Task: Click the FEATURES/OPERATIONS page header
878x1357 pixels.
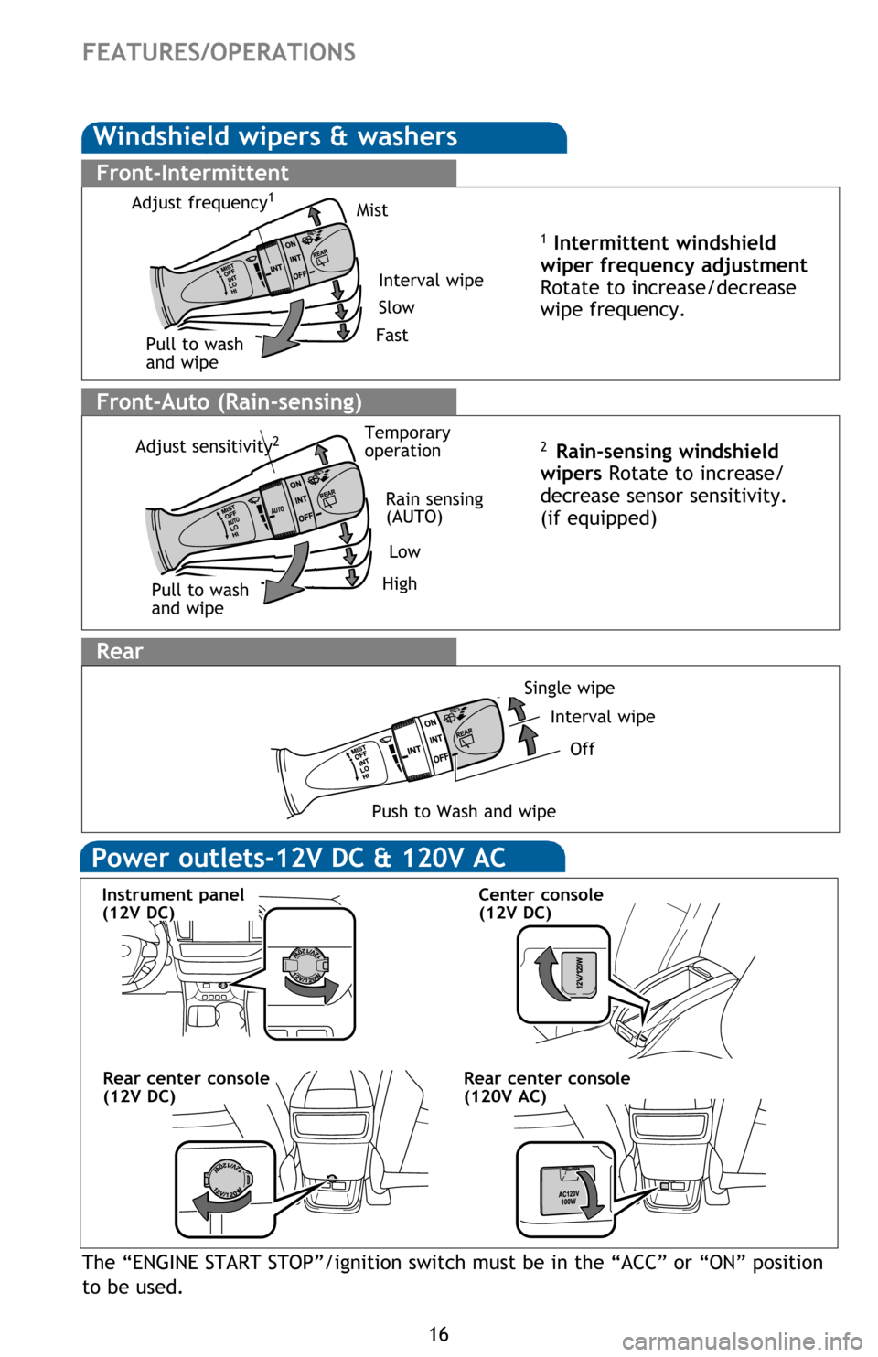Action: point(219,52)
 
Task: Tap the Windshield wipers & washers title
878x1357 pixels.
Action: point(274,137)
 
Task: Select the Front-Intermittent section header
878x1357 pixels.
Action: point(192,173)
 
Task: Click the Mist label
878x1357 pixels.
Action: point(371,210)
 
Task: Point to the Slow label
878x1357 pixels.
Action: point(396,308)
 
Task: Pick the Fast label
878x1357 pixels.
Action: point(391,336)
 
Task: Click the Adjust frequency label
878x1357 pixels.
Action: point(201,202)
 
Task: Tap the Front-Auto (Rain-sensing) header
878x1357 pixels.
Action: point(229,401)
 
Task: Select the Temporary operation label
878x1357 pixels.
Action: point(407,442)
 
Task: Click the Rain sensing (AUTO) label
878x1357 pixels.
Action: point(434,508)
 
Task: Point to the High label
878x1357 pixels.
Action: point(399,583)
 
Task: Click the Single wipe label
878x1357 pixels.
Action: point(569,688)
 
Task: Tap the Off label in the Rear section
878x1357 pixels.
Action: point(582,749)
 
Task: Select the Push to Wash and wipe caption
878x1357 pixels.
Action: point(464,811)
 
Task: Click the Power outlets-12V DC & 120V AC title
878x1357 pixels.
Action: point(298,858)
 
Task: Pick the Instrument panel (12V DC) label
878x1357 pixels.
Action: point(173,903)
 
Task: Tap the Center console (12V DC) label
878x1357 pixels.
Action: point(541,903)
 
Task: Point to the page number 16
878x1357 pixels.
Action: point(439,1334)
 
